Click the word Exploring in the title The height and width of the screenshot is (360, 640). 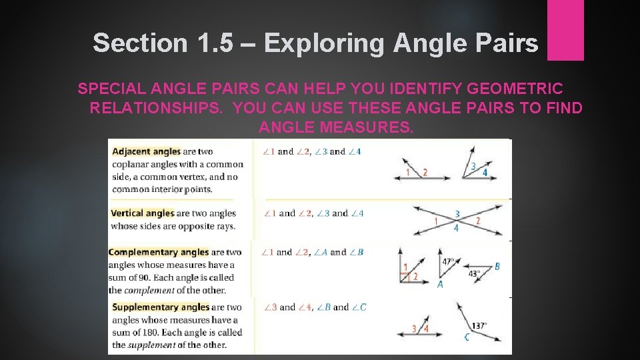click(324, 43)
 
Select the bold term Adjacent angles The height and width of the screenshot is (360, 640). click(146, 151)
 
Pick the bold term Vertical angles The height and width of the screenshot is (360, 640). click(142, 213)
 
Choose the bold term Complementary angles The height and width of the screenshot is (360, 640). click(158, 252)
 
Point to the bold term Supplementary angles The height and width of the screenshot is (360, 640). click(161, 307)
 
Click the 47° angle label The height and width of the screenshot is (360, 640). click(448, 262)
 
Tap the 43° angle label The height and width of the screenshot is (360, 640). click(474, 273)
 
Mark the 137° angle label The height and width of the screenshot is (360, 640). click(479, 326)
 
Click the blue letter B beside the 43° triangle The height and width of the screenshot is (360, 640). click(497, 267)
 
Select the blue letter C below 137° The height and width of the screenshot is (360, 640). click(467, 338)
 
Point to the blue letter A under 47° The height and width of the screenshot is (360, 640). click(440, 284)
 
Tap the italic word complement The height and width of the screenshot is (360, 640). click(151, 290)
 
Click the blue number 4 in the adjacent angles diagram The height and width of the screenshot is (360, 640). click(485, 172)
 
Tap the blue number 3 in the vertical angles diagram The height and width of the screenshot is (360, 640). click(457, 214)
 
